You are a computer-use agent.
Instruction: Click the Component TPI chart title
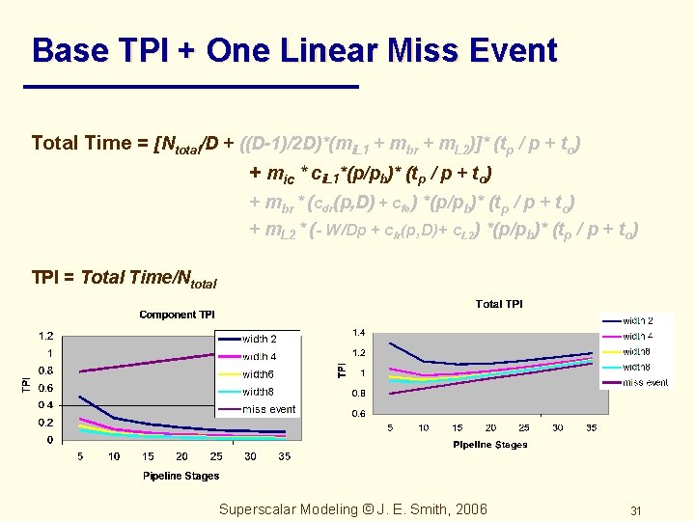click(177, 315)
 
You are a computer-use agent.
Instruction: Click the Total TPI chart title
click(499, 304)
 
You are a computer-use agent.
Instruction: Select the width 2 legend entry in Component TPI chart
click(259, 339)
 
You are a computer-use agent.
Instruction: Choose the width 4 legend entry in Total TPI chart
click(637, 336)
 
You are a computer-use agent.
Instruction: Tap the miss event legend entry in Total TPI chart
click(645, 382)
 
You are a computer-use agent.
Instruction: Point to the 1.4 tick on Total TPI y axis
click(358, 333)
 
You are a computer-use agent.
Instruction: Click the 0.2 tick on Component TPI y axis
click(44, 423)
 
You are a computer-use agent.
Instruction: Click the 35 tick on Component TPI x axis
click(283, 456)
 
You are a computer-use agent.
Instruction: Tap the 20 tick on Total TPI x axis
click(490, 427)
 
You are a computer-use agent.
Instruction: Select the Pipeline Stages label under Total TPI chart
click(491, 445)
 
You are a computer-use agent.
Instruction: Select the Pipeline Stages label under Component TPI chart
click(181, 476)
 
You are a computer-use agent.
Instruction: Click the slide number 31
click(635, 510)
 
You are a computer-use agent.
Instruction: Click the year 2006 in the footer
click(469, 509)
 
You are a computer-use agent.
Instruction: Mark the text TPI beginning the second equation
click(46, 278)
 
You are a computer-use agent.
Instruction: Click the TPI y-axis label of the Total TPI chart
click(342, 370)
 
